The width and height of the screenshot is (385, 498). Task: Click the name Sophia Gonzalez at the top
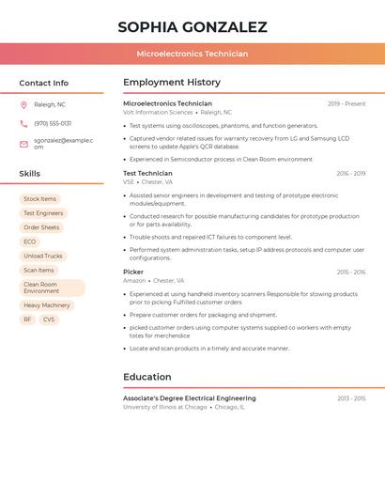click(x=192, y=27)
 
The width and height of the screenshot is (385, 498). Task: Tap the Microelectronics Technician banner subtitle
click(x=192, y=54)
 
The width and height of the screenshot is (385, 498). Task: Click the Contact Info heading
click(x=44, y=83)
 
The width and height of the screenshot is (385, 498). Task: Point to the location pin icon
click(x=23, y=105)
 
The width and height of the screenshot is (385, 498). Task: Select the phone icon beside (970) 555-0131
click(x=23, y=123)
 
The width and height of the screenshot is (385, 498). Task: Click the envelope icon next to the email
click(x=23, y=144)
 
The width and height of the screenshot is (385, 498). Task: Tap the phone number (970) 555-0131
click(x=53, y=123)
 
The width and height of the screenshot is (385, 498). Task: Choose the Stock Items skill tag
click(x=39, y=199)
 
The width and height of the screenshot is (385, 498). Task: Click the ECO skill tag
click(x=30, y=241)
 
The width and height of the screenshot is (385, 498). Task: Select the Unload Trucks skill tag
click(x=43, y=256)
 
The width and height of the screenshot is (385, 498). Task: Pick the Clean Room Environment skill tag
click(x=52, y=288)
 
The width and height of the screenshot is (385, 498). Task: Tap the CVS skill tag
click(x=49, y=319)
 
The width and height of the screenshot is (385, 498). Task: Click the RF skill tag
click(x=27, y=319)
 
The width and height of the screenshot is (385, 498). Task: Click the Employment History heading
click(x=172, y=83)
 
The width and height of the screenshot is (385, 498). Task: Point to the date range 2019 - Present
click(x=346, y=103)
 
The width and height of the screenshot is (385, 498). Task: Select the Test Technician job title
click(x=147, y=173)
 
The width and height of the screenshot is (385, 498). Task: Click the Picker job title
click(x=133, y=272)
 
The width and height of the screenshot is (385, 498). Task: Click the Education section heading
click(x=146, y=377)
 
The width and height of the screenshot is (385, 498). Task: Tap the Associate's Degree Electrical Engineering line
click(x=189, y=398)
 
